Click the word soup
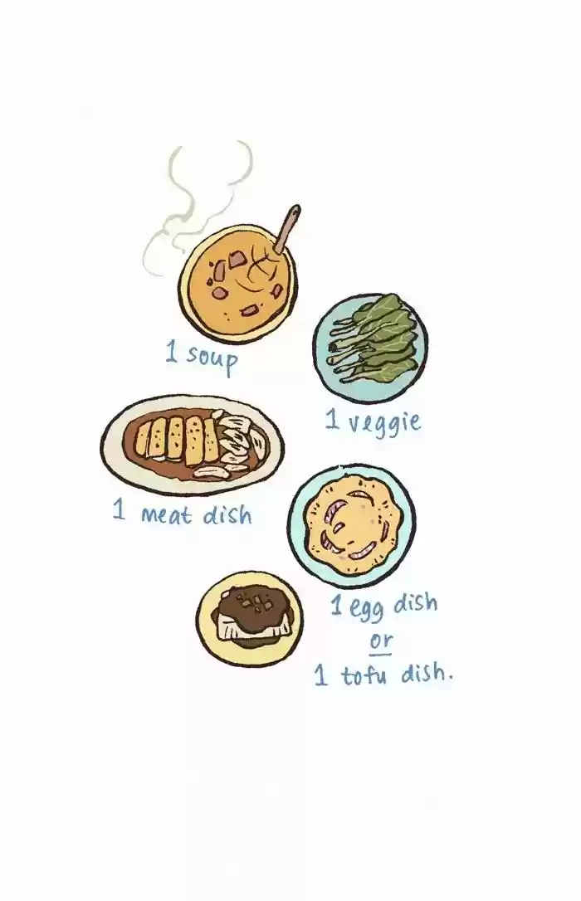(212, 358)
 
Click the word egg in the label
(366, 609)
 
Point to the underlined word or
(380, 640)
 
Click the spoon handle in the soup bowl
(286, 229)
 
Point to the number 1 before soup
(171, 351)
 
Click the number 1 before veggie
(332, 419)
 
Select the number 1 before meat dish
(119, 509)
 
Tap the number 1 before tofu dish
(320, 675)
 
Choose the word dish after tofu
(426, 672)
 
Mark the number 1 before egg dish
(337, 605)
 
